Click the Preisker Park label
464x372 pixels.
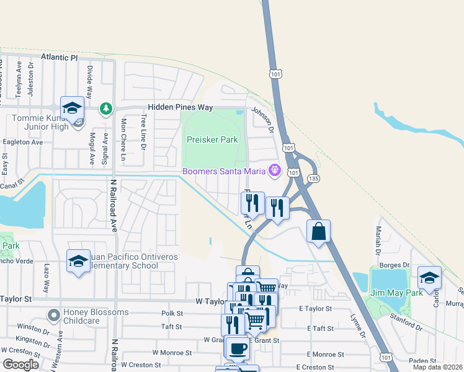click(x=213, y=140)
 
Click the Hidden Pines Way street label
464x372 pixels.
click(x=179, y=107)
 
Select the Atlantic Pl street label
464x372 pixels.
click(x=60, y=57)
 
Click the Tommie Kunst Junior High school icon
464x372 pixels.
click(x=73, y=108)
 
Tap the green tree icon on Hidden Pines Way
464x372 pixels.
click(x=106, y=108)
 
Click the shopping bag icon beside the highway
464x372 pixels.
click(x=318, y=231)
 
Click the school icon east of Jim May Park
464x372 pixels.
click(x=429, y=277)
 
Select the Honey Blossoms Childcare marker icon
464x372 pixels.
click(x=54, y=316)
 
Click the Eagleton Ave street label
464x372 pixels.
click(x=21, y=142)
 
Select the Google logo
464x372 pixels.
click(x=20, y=365)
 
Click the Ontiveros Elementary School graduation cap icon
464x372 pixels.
click(x=79, y=260)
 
